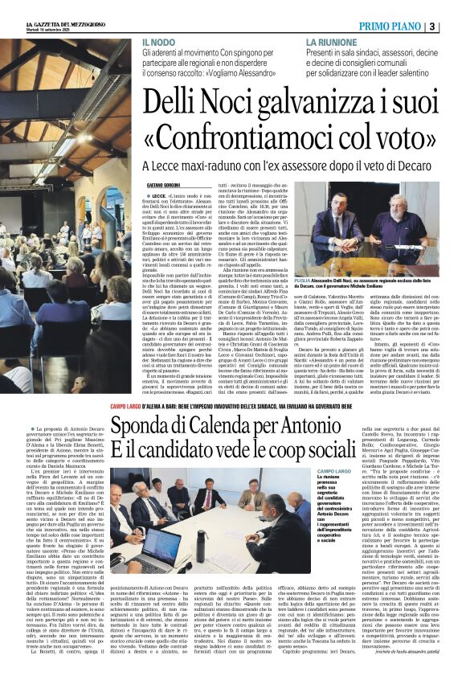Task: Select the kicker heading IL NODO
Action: tap(158, 42)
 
